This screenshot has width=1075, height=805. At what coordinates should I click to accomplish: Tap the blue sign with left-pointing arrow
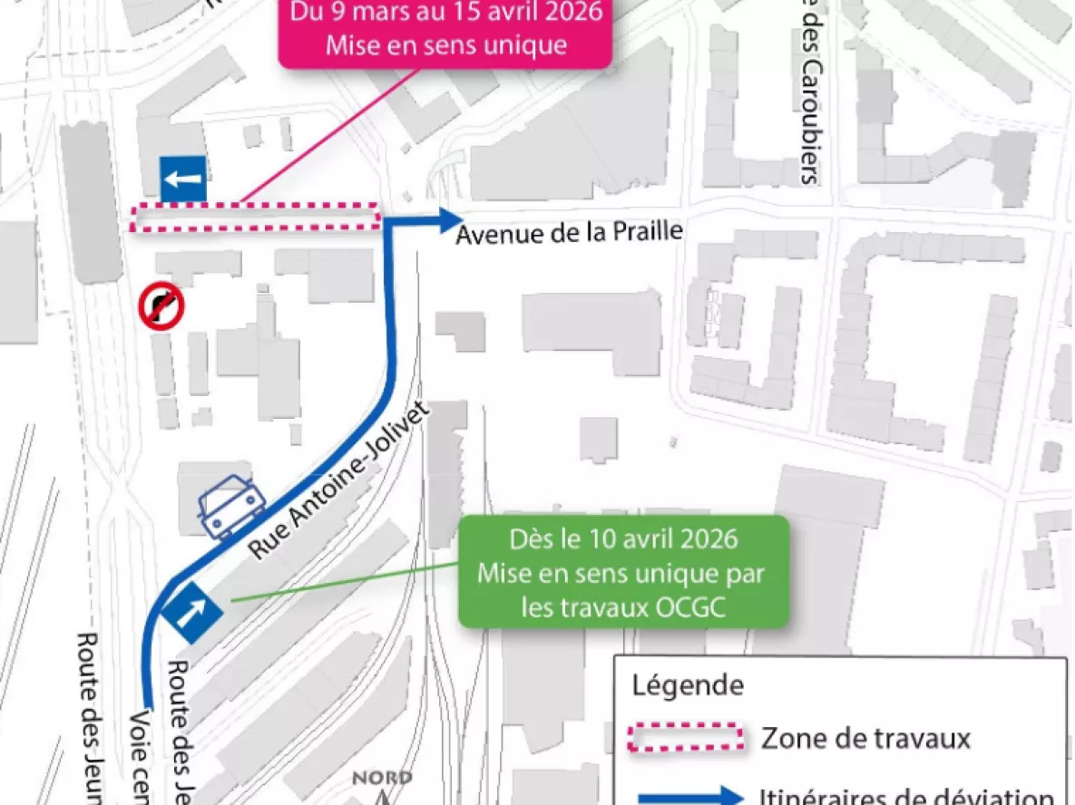pos(183,179)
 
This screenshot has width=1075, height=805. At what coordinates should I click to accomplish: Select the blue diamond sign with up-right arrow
pos(192,613)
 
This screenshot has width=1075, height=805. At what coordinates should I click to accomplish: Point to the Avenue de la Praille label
pos(569,232)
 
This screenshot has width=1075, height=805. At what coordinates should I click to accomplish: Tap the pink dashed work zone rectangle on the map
pos(255,218)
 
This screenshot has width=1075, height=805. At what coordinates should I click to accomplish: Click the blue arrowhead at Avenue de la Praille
pos(449,218)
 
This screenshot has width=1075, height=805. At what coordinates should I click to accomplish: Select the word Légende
pos(687,684)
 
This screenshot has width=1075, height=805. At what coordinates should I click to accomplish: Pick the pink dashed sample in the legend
pos(687,738)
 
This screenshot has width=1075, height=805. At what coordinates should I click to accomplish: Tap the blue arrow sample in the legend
pos(689,797)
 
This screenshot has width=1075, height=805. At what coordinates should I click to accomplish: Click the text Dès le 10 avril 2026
pos(622,539)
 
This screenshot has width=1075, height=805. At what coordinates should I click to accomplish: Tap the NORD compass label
pos(381,778)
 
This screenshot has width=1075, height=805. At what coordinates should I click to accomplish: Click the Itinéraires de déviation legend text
pos(904,797)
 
